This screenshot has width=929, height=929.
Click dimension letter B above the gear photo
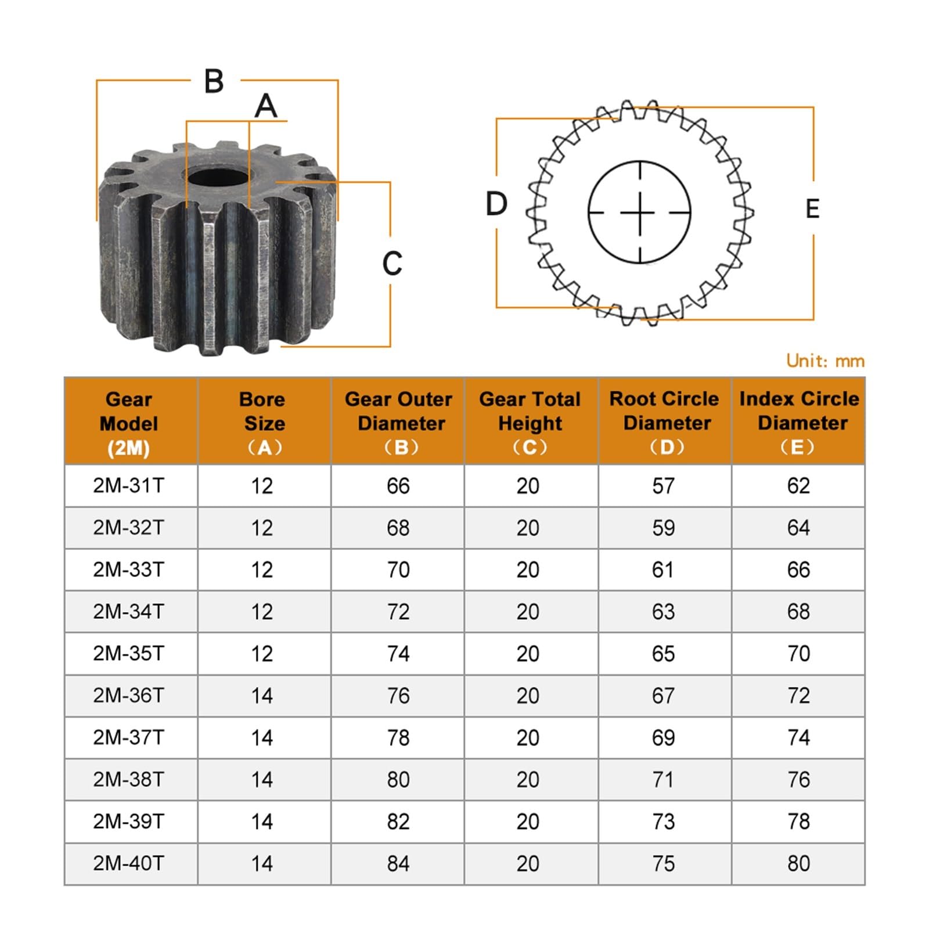pos(214,81)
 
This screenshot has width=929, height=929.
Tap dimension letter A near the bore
pos(266,106)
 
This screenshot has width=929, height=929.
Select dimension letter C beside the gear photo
pos(393,264)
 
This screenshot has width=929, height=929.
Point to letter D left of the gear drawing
pos(496,204)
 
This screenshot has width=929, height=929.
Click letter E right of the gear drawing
pos(812,209)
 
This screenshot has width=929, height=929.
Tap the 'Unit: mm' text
pos(825,361)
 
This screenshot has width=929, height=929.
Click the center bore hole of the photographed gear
pos(217,177)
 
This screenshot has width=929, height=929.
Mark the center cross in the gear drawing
pos(640,213)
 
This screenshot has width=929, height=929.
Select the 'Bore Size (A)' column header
pos(264,423)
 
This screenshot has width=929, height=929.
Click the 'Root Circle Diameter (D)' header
pos(664,422)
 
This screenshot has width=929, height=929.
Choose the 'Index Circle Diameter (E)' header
pos(798,422)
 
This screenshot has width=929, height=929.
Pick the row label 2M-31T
pos(128,485)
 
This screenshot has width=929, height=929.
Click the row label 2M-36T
pos(128,695)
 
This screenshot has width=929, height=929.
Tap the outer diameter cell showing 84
pos(398,863)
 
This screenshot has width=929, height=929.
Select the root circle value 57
pos(663,485)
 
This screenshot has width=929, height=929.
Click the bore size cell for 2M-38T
pos(262,779)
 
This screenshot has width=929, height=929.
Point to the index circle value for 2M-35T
pos(798,653)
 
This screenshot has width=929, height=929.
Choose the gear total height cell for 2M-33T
pos(528,570)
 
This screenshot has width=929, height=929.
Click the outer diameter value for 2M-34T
pos(398,611)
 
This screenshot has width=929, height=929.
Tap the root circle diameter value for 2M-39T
pos(663,822)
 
